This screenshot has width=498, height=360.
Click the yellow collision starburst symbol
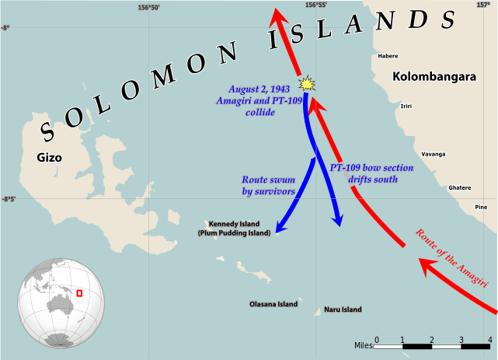click(308, 82)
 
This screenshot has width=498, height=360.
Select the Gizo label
click(49, 157)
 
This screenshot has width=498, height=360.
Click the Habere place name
click(388, 56)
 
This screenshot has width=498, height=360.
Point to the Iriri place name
click(406, 106)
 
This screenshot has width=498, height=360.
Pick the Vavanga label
click(434, 154)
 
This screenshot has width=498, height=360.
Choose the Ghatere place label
click(460, 187)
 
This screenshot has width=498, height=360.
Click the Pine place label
click(481, 207)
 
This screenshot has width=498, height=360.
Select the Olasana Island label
click(273, 304)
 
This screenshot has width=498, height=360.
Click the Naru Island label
click(343, 309)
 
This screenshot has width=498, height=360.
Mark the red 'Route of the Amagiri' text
click(456, 259)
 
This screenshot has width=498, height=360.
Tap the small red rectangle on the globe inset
click(79, 292)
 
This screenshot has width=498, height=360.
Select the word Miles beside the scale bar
click(364, 344)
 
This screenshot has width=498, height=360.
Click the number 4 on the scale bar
click(490, 340)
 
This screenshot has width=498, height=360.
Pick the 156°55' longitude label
click(316, 5)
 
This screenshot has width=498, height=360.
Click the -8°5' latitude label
click(9, 199)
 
